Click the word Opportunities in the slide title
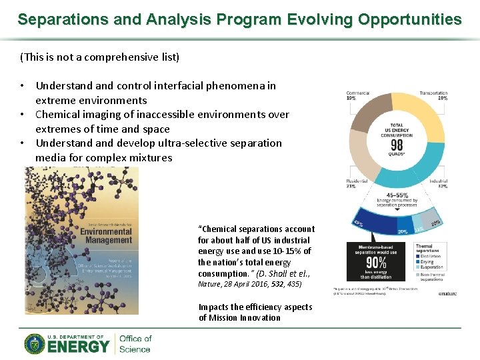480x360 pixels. [408, 19]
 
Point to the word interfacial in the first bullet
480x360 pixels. [177, 85]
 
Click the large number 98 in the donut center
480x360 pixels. [396, 145]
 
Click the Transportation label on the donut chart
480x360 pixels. [433, 93]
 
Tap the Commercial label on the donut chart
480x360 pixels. [358, 93]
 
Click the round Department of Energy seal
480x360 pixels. [35, 344]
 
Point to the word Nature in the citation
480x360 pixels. [209, 284]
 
